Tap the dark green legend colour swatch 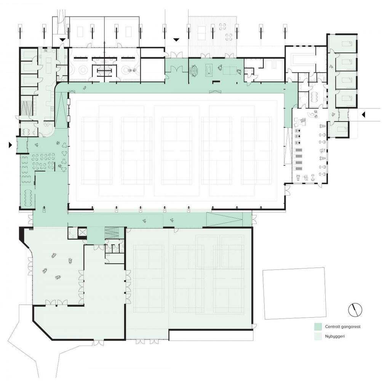point(318,327)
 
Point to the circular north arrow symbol point(355,310)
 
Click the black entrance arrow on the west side point(10,145)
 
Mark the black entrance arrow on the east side point(363,114)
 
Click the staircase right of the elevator point(112,233)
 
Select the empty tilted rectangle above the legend point(294,293)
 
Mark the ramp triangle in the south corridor point(224,219)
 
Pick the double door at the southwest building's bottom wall point(99,343)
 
